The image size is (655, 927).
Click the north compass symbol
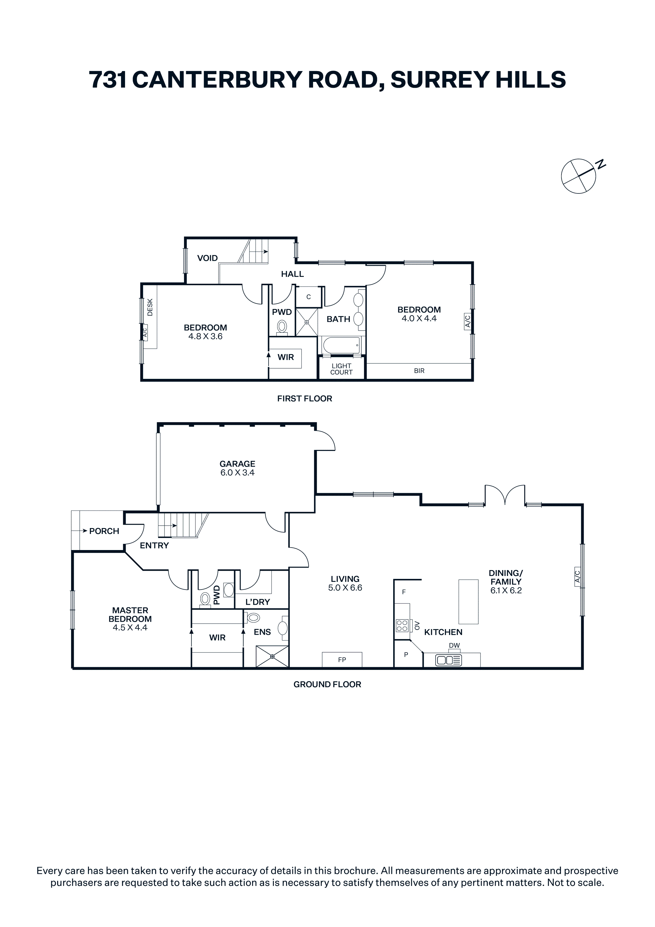pos(579,176)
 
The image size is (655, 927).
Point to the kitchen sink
pos(448,660)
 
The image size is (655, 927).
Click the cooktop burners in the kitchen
pos(402,625)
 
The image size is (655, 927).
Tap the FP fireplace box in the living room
pos(342,660)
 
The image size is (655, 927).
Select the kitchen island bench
pos(468,602)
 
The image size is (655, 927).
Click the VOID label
pos(207,258)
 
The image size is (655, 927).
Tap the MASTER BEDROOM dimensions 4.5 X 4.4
pos(130,627)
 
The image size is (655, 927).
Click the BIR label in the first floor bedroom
pos(419,370)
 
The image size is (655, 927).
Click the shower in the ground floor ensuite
pos(272,657)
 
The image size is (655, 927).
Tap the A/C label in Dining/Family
pos(577,576)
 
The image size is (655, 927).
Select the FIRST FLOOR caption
pos(305,399)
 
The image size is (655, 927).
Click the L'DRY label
pos(257,602)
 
